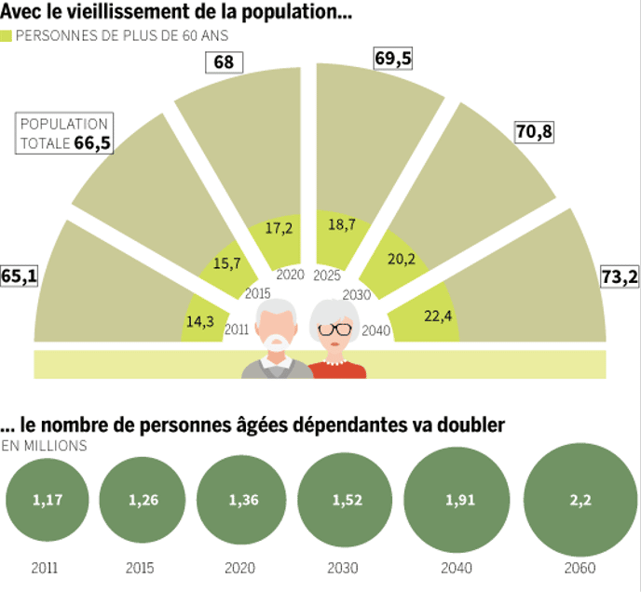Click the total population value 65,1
(x=20, y=276)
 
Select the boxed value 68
(x=223, y=63)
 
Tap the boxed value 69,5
(x=392, y=58)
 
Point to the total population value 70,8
(x=534, y=132)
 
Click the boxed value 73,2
(x=620, y=277)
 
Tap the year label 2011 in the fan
(x=237, y=329)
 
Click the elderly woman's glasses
(x=335, y=330)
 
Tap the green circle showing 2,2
(x=573, y=500)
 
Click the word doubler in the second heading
(x=471, y=425)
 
